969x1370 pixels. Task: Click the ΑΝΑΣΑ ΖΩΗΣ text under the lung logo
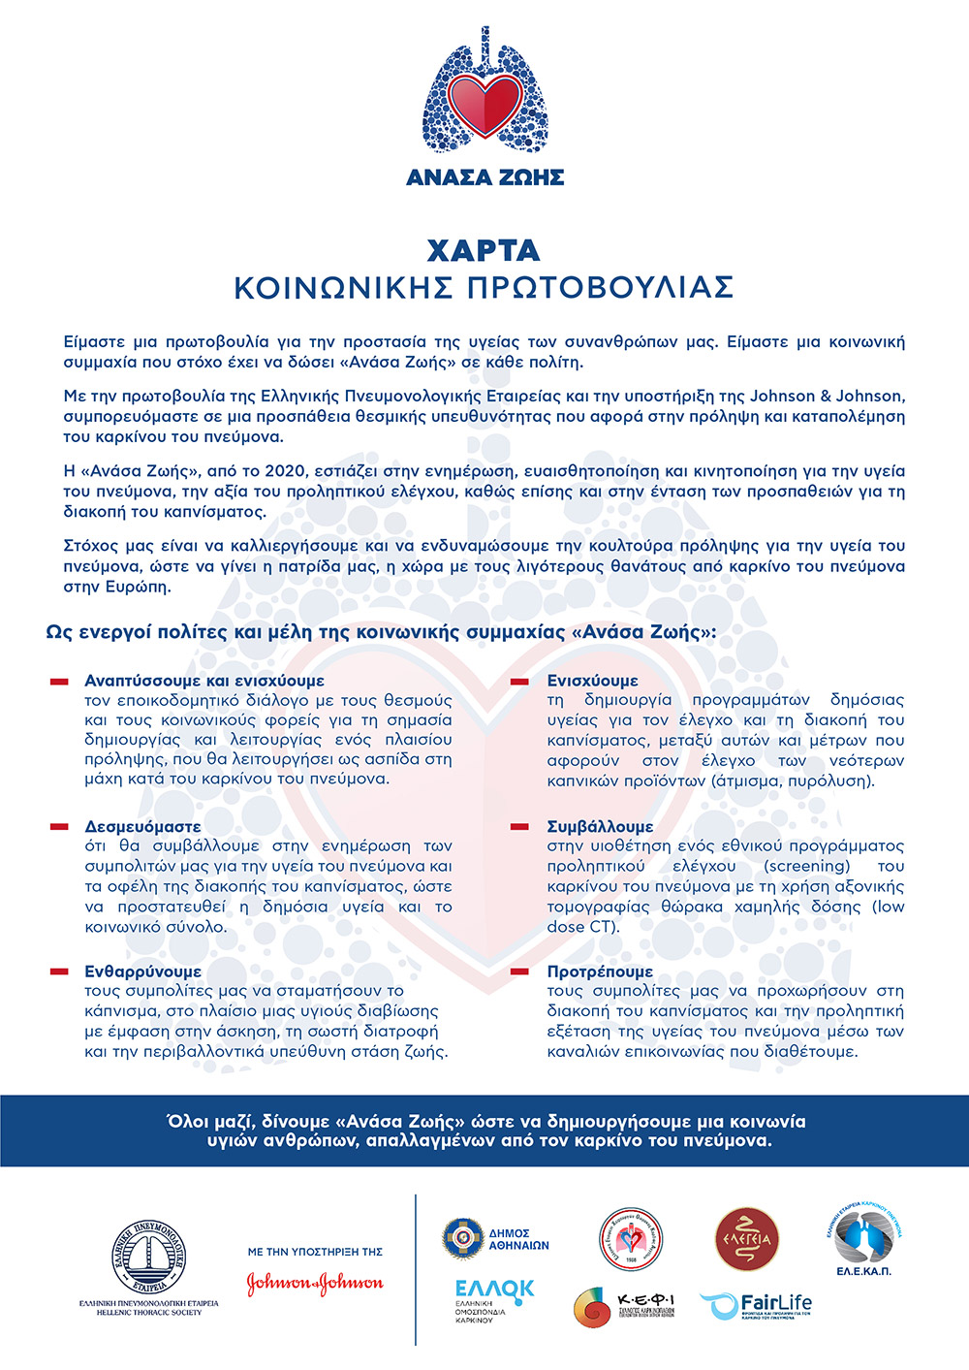pyautogui.click(x=484, y=177)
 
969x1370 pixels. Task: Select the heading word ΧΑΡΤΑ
pyautogui.click(x=484, y=250)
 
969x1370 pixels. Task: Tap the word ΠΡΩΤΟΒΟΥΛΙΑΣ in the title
pyautogui.click(x=601, y=288)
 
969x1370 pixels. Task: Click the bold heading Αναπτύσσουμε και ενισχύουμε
pyautogui.click(x=204, y=681)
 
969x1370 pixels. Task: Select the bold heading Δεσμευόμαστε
pyautogui.click(x=142, y=827)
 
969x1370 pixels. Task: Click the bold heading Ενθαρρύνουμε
pyautogui.click(x=142, y=972)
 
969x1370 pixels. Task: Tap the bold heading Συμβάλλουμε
pyautogui.click(x=600, y=827)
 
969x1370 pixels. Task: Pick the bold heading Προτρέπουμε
pyautogui.click(x=600, y=972)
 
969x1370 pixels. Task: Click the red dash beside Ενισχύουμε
pyautogui.click(x=520, y=682)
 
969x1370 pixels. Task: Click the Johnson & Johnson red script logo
pyautogui.click(x=315, y=1284)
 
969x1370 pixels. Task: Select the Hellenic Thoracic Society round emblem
pyautogui.click(x=148, y=1258)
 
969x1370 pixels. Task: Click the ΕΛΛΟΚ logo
pyautogui.click(x=494, y=1290)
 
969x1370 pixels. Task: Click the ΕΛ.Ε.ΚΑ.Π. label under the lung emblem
pyautogui.click(x=862, y=1270)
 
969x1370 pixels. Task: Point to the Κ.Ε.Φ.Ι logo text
pyautogui.click(x=645, y=1300)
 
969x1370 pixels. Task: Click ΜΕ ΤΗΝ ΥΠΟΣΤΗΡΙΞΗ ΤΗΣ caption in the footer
pyautogui.click(x=315, y=1252)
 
